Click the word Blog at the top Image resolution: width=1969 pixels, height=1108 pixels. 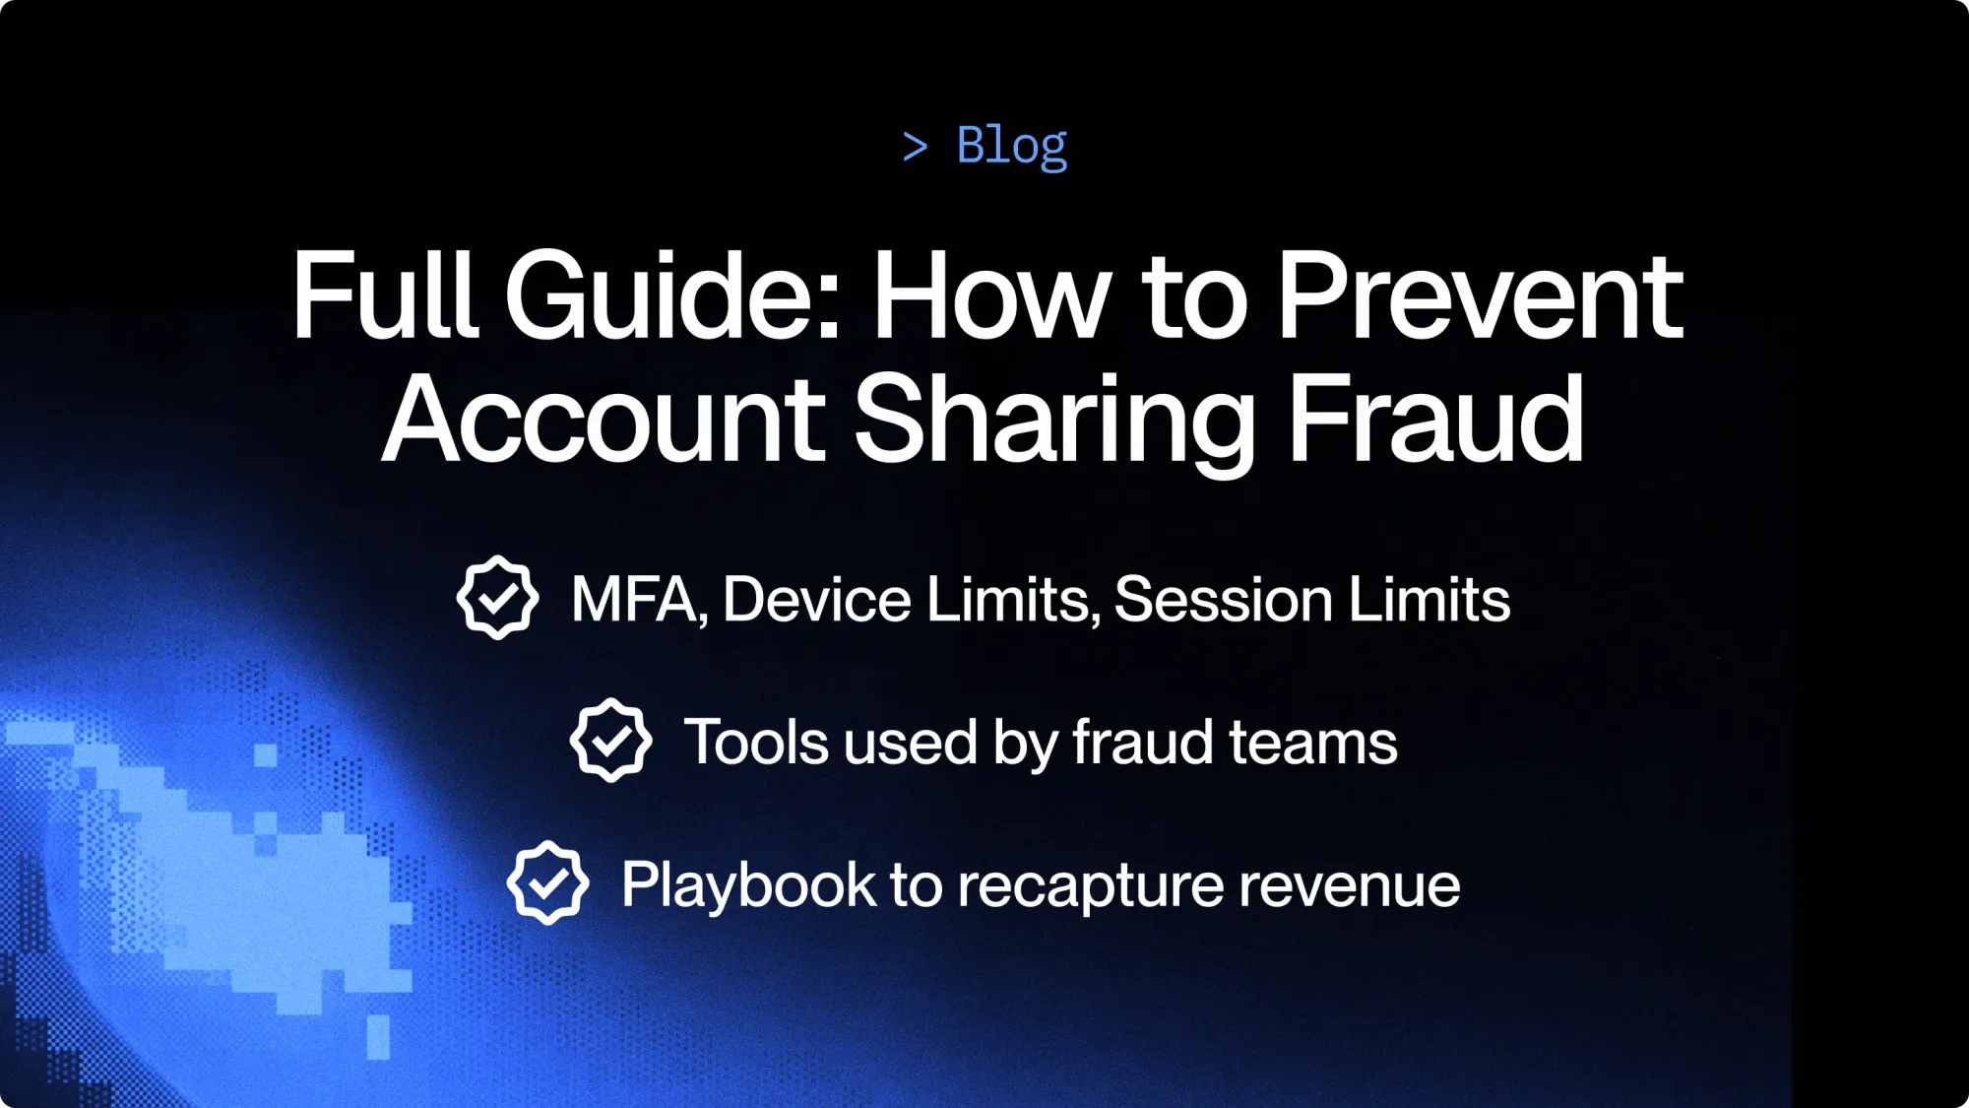click(1011, 146)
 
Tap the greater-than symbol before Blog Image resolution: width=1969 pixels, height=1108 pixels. click(915, 148)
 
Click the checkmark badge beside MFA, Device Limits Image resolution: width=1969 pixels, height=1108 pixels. click(497, 598)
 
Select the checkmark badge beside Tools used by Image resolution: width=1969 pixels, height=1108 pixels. click(610, 741)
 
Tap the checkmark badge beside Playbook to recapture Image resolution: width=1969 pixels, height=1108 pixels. click(547, 883)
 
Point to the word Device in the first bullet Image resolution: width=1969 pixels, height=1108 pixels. click(817, 599)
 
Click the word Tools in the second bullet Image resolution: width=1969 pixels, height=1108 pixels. click(756, 742)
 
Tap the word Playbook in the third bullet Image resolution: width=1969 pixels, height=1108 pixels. click(748, 885)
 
